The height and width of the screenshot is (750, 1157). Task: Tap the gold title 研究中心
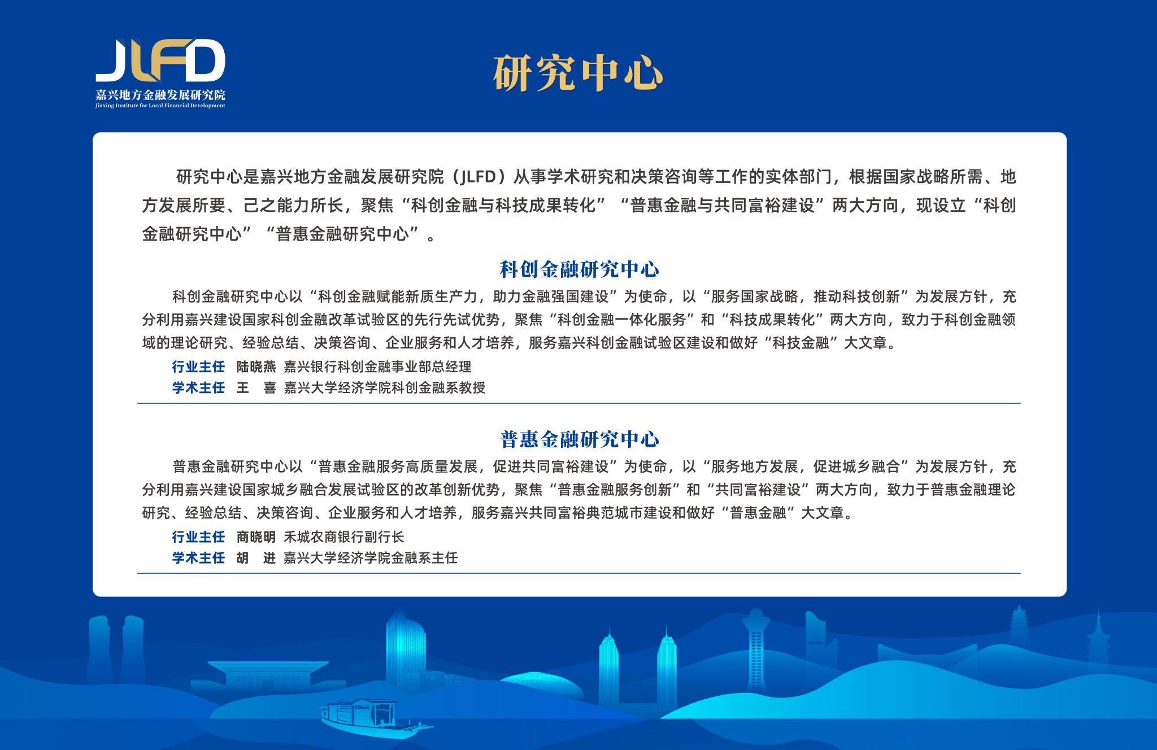click(x=578, y=73)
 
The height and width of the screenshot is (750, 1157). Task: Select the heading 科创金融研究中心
click(x=580, y=269)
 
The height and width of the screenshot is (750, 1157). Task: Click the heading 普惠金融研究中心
click(x=580, y=439)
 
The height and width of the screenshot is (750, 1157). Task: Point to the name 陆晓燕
click(x=256, y=367)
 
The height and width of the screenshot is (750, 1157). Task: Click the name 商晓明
click(x=256, y=537)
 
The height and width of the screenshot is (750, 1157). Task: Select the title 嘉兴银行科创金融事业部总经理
click(x=377, y=367)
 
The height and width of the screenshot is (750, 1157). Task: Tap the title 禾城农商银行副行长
click(x=343, y=537)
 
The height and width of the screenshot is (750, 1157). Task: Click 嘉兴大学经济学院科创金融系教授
click(x=384, y=388)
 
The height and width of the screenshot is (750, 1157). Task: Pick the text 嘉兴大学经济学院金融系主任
click(x=371, y=558)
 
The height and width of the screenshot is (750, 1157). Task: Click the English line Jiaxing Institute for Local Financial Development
click(x=160, y=106)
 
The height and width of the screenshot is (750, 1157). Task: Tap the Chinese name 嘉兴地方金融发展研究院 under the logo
click(x=160, y=94)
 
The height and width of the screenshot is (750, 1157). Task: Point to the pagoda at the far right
click(x=1098, y=641)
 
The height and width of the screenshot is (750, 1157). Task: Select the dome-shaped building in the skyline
click(x=541, y=686)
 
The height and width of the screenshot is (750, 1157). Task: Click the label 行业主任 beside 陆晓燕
click(x=198, y=367)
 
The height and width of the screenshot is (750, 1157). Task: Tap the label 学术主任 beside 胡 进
click(x=198, y=558)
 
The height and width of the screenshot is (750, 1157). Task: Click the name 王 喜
click(x=256, y=388)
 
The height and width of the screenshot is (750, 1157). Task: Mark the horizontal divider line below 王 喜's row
click(x=578, y=403)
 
